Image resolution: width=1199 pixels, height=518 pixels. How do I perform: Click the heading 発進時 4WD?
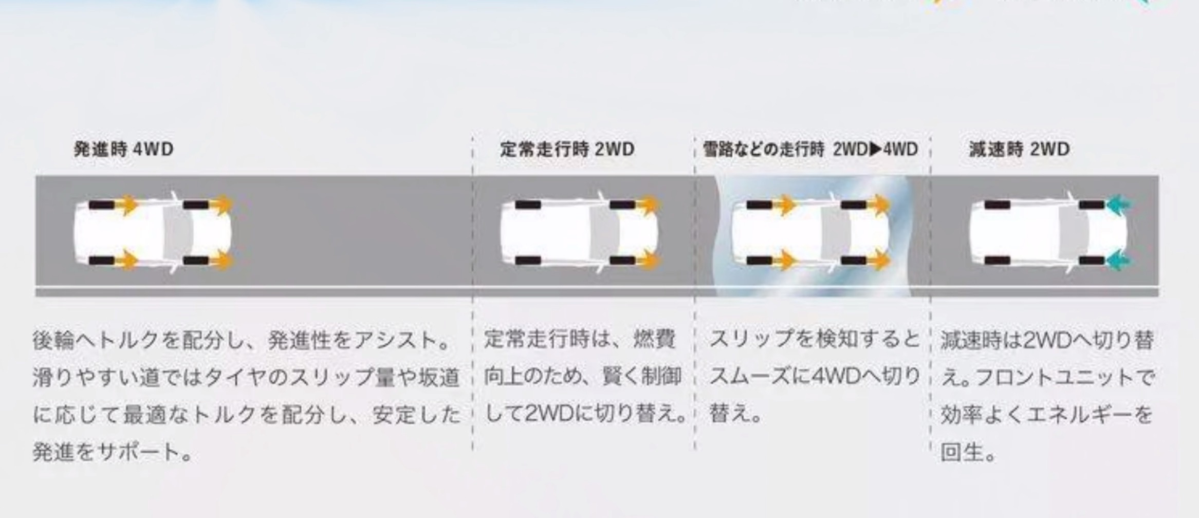click(x=123, y=150)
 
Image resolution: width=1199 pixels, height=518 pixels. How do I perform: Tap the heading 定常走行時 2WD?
click(x=567, y=150)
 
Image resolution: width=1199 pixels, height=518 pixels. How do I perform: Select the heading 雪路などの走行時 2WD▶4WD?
click(x=810, y=150)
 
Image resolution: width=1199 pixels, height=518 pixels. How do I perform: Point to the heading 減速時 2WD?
click(x=1019, y=150)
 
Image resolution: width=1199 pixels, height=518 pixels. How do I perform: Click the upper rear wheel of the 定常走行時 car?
click(x=528, y=205)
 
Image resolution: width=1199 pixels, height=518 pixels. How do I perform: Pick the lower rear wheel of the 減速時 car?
click(x=998, y=261)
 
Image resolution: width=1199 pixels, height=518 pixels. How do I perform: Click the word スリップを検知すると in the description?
click(x=814, y=340)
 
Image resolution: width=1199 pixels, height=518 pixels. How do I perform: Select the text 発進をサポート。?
click(x=113, y=452)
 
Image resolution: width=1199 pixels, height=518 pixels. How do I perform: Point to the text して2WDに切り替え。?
click(x=585, y=414)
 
